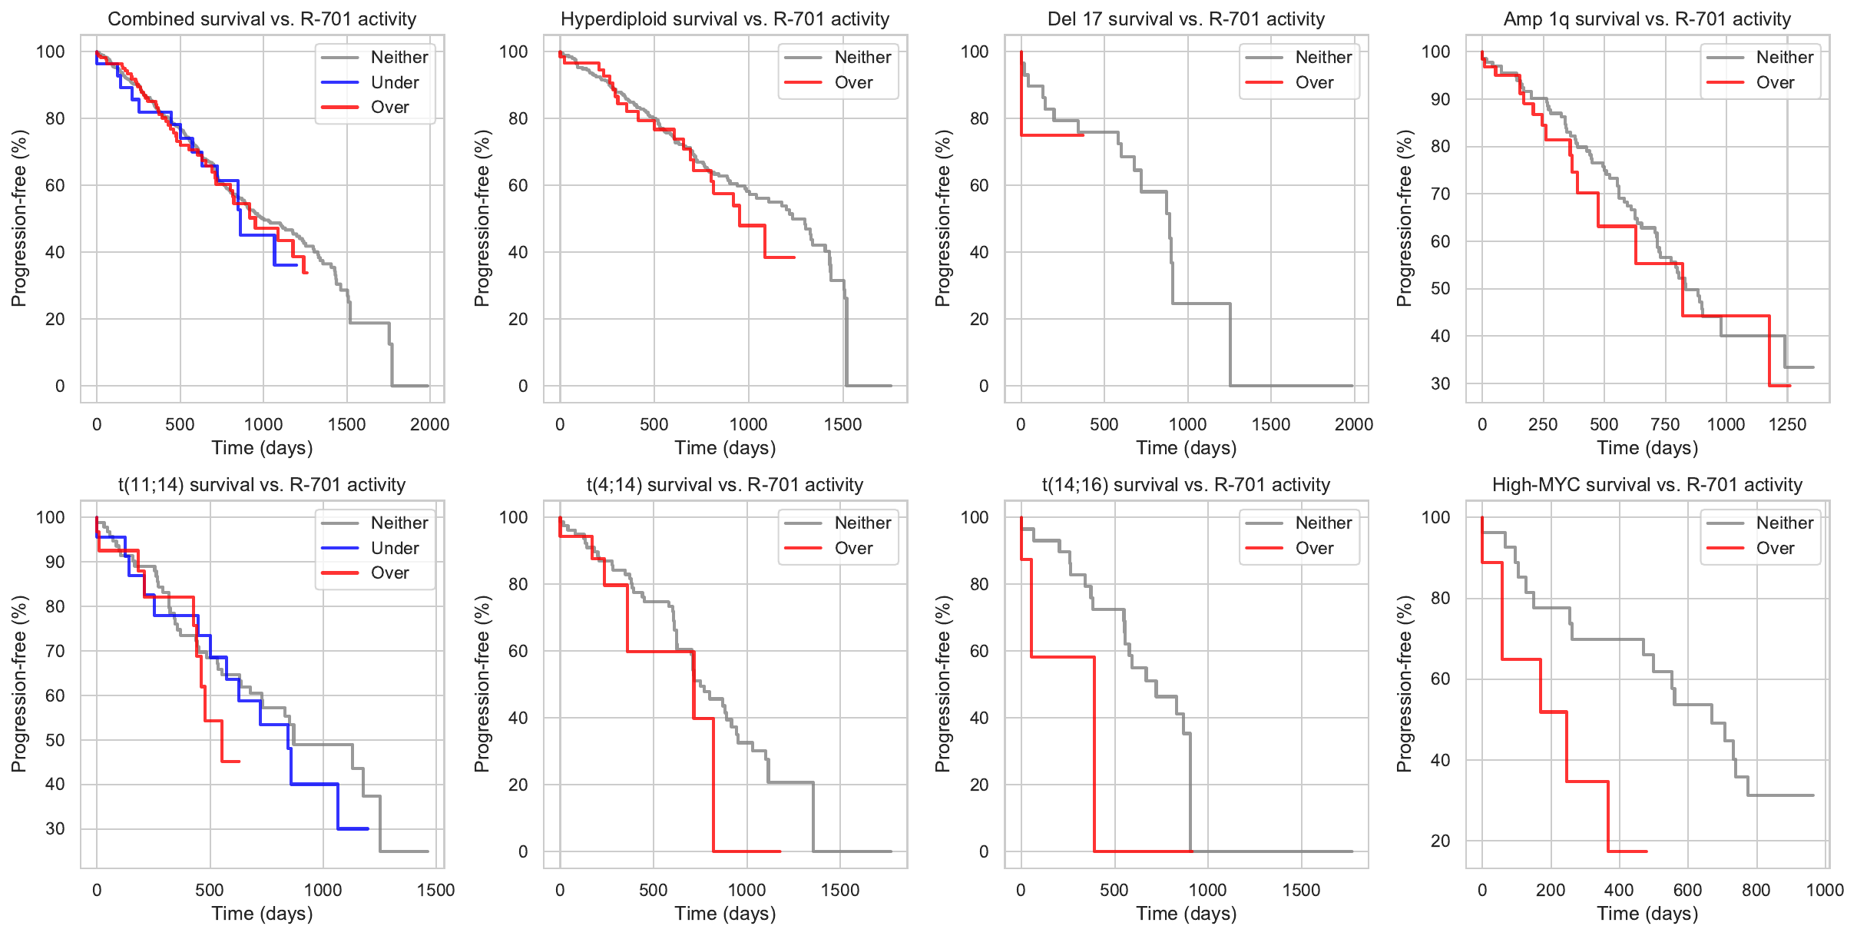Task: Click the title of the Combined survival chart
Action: tap(262, 19)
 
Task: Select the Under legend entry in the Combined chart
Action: tap(394, 82)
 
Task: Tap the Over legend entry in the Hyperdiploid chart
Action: tap(852, 82)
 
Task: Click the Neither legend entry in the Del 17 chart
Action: tap(1322, 57)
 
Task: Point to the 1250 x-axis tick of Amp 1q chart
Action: tap(1787, 424)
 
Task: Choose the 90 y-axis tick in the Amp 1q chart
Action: tap(1440, 99)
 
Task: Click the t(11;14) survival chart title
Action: tap(262, 485)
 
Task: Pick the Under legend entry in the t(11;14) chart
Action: tap(394, 548)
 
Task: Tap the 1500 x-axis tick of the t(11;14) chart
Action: tap(435, 890)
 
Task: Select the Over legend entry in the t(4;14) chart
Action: tap(852, 548)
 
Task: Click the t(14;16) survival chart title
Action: tap(1186, 485)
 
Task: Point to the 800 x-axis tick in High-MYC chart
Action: tap(1756, 890)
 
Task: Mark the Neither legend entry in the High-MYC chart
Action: tap(1783, 523)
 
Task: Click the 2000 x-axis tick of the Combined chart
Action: tap(429, 424)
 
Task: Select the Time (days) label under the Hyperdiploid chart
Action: tap(725, 448)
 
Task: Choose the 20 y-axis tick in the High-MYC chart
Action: tap(1440, 841)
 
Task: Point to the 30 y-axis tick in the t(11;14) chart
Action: tap(55, 828)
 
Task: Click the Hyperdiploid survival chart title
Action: tap(725, 19)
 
